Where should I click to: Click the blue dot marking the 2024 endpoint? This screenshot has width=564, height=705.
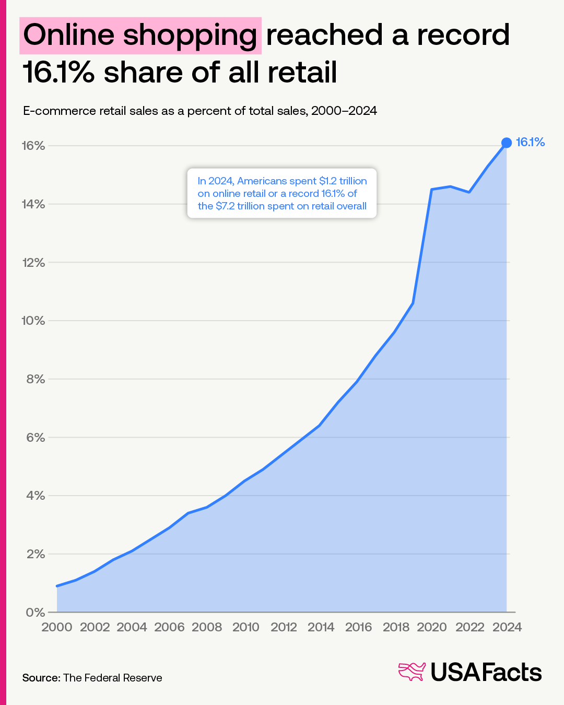point(506,143)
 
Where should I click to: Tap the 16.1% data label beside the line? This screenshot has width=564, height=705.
point(530,142)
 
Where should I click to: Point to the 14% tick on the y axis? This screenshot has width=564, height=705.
point(33,204)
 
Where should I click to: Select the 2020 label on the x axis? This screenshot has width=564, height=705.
point(432,627)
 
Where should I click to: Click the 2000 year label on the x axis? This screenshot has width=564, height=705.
point(56,627)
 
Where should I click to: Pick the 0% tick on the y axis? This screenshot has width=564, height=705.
point(35,612)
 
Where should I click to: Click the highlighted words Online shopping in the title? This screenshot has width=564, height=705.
point(140,36)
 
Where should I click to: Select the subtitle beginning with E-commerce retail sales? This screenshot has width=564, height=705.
point(199,111)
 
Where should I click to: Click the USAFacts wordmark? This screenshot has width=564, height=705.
point(486,672)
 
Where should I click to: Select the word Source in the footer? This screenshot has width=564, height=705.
point(41,678)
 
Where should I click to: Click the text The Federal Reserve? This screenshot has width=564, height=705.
point(112,678)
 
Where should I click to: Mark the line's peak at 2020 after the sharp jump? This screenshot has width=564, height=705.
point(432,189)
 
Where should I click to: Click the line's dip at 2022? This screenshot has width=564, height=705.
point(469,192)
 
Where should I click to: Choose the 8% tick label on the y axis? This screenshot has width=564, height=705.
point(35,379)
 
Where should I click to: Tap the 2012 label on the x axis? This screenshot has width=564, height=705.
point(284,627)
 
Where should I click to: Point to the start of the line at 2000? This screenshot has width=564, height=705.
point(57,586)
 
